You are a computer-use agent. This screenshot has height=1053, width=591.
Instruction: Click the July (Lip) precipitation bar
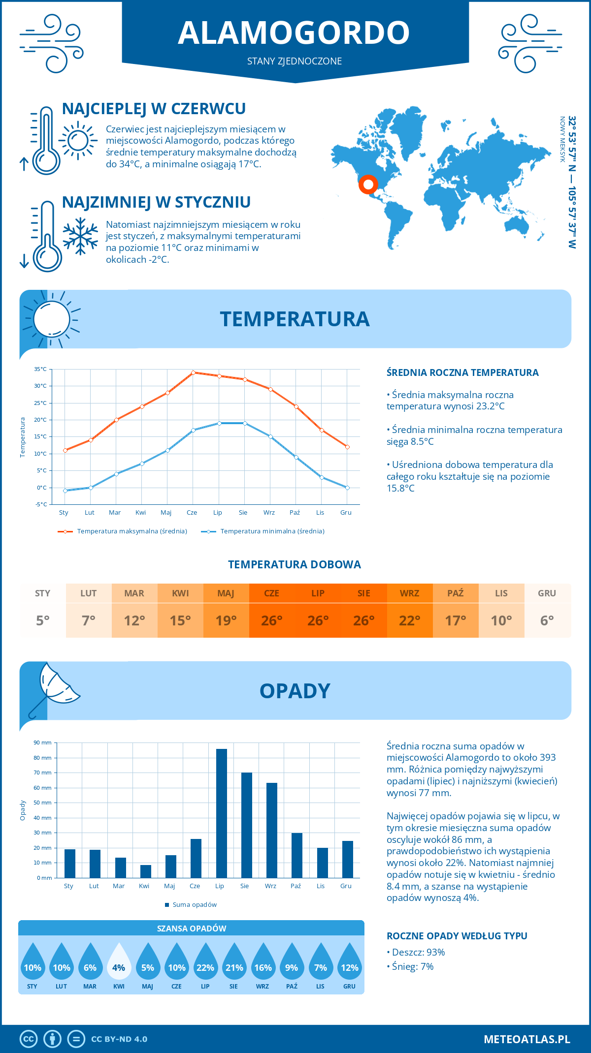tap(222, 813)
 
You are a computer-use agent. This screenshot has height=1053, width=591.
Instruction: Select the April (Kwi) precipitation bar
tap(146, 871)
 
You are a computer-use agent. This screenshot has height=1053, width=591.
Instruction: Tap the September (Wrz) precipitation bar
tap(272, 831)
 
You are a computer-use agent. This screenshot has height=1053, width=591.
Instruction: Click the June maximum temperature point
tap(194, 372)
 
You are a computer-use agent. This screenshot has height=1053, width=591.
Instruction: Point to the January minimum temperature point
tap(65, 491)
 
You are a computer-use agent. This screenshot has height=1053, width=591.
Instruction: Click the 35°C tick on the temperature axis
tap(40, 369)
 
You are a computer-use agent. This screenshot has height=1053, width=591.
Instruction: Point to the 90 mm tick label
tap(42, 743)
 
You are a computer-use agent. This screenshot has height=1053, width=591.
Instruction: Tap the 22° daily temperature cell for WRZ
tap(410, 620)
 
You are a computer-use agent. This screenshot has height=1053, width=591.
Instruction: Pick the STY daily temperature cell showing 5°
tap(43, 620)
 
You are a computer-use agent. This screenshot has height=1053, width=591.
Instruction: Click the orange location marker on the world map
tap(368, 184)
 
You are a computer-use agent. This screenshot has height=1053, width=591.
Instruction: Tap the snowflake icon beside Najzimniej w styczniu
tap(80, 236)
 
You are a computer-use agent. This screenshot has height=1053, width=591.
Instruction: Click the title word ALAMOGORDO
tap(294, 33)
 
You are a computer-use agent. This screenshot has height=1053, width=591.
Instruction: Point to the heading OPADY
tap(295, 691)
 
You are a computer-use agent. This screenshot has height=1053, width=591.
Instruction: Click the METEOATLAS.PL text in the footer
tap(527, 1039)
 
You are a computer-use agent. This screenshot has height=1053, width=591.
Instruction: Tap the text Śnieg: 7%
tap(413, 966)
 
